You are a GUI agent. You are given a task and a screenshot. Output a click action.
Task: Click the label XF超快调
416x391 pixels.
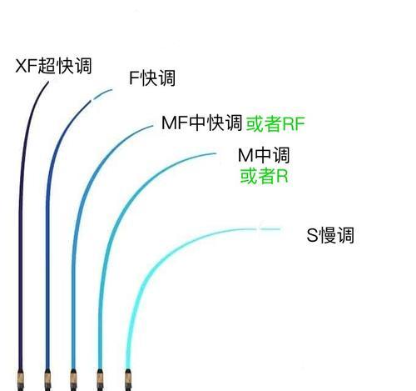(x=53, y=66)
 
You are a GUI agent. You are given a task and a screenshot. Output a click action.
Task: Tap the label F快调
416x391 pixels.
(x=152, y=78)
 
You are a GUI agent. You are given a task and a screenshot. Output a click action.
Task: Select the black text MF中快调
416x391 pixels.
(x=202, y=123)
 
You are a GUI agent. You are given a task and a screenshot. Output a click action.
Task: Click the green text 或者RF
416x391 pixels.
(x=275, y=123)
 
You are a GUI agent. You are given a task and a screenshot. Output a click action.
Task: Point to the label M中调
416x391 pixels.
(x=264, y=155)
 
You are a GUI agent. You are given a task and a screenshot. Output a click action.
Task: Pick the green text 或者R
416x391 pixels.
(x=264, y=176)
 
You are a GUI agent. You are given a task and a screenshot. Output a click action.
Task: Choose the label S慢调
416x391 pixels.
(x=330, y=235)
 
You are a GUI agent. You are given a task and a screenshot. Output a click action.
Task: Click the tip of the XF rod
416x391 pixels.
(x=48, y=82)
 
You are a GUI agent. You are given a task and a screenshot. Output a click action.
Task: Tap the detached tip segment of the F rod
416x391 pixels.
(x=102, y=94)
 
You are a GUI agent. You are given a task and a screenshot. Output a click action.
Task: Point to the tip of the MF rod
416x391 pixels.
(x=152, y=126)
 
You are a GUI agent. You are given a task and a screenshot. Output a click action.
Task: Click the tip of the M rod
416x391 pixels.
(x=215, y=153)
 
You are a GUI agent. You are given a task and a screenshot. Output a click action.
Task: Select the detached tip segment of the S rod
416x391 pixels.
(x=270, y=229)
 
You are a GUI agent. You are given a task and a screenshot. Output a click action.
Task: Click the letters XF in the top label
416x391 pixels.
(x=26, y=66)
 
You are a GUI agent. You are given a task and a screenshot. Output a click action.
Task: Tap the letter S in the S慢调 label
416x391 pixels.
(x=313, y=235)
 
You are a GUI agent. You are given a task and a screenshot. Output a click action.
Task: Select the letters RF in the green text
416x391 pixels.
(x=294, y=124)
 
